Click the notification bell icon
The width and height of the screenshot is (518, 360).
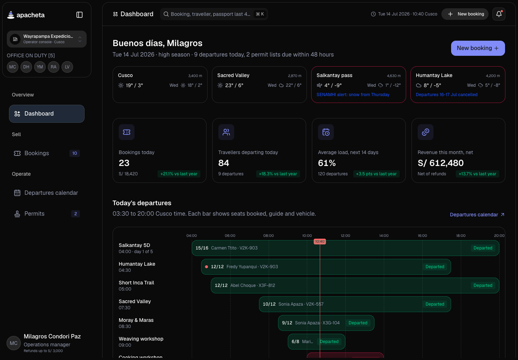point(499,14)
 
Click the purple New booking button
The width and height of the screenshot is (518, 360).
point(478,48)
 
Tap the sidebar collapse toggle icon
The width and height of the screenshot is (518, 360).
point(79,15)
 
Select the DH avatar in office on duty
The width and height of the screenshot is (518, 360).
point(26,67)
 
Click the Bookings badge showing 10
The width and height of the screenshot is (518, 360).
point(74,153)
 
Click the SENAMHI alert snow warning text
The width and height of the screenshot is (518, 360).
point(353,95)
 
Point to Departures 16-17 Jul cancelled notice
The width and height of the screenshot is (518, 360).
point(446,95)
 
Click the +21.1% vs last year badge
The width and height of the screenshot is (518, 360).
point(179,174)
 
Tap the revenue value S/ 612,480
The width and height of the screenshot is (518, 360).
point(440,163)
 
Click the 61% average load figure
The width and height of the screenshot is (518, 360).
point(327,163)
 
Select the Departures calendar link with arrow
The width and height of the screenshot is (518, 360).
point(477,215)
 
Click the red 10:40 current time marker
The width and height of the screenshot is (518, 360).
point(319,242)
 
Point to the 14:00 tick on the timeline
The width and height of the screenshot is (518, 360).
point(383,235)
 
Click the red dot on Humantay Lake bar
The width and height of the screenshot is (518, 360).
point(206,267)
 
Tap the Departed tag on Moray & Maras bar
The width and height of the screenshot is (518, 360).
point(358,323)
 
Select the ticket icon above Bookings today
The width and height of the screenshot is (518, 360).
point(127,132)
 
